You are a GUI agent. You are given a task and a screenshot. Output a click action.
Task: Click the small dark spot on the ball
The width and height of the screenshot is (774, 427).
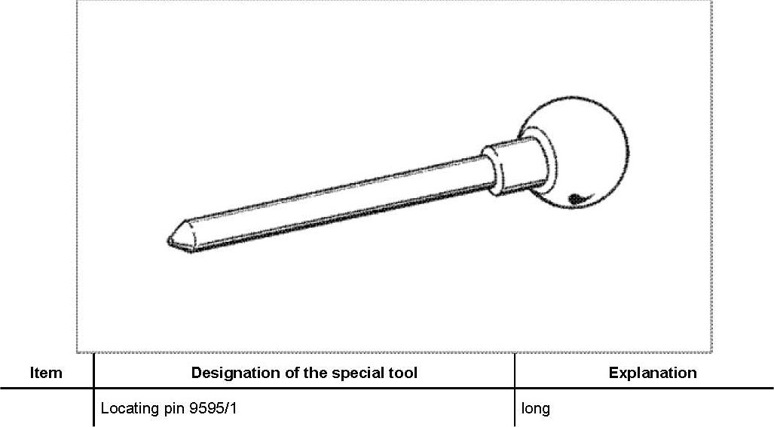click(577, 199)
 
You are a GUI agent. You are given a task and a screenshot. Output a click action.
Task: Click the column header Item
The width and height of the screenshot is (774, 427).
click(46, 373)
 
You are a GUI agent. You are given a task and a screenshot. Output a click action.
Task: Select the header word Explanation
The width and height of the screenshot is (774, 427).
click(653, 373)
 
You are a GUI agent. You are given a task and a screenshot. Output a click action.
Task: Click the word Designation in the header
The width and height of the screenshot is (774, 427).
click(227, 373)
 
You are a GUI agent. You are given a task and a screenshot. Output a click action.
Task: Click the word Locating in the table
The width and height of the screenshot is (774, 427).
click(127, 409)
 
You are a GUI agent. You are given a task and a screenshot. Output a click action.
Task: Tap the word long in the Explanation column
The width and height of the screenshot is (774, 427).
click(535, 409)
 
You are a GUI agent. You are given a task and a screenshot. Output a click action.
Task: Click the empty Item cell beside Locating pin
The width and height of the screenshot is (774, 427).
click(46, 409)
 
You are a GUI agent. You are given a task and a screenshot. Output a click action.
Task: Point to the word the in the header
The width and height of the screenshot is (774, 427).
click(315, 373)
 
